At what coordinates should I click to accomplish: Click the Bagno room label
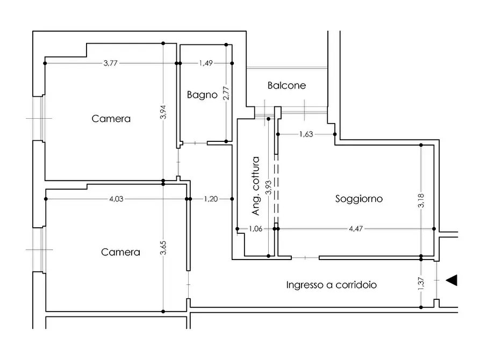202,95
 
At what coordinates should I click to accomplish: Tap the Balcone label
286,85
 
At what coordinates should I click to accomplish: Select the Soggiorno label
359,199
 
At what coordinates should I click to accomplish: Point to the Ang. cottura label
256,186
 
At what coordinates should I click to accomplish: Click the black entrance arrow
452,280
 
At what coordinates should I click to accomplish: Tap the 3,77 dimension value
111,63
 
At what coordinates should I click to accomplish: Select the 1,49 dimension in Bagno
206,63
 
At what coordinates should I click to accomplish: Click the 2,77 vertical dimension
226,93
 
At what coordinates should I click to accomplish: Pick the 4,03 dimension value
116,199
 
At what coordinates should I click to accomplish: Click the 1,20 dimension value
211,199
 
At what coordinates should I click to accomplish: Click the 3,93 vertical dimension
268,185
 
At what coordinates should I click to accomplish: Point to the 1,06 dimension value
256,229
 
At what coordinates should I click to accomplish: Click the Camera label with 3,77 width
111,118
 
